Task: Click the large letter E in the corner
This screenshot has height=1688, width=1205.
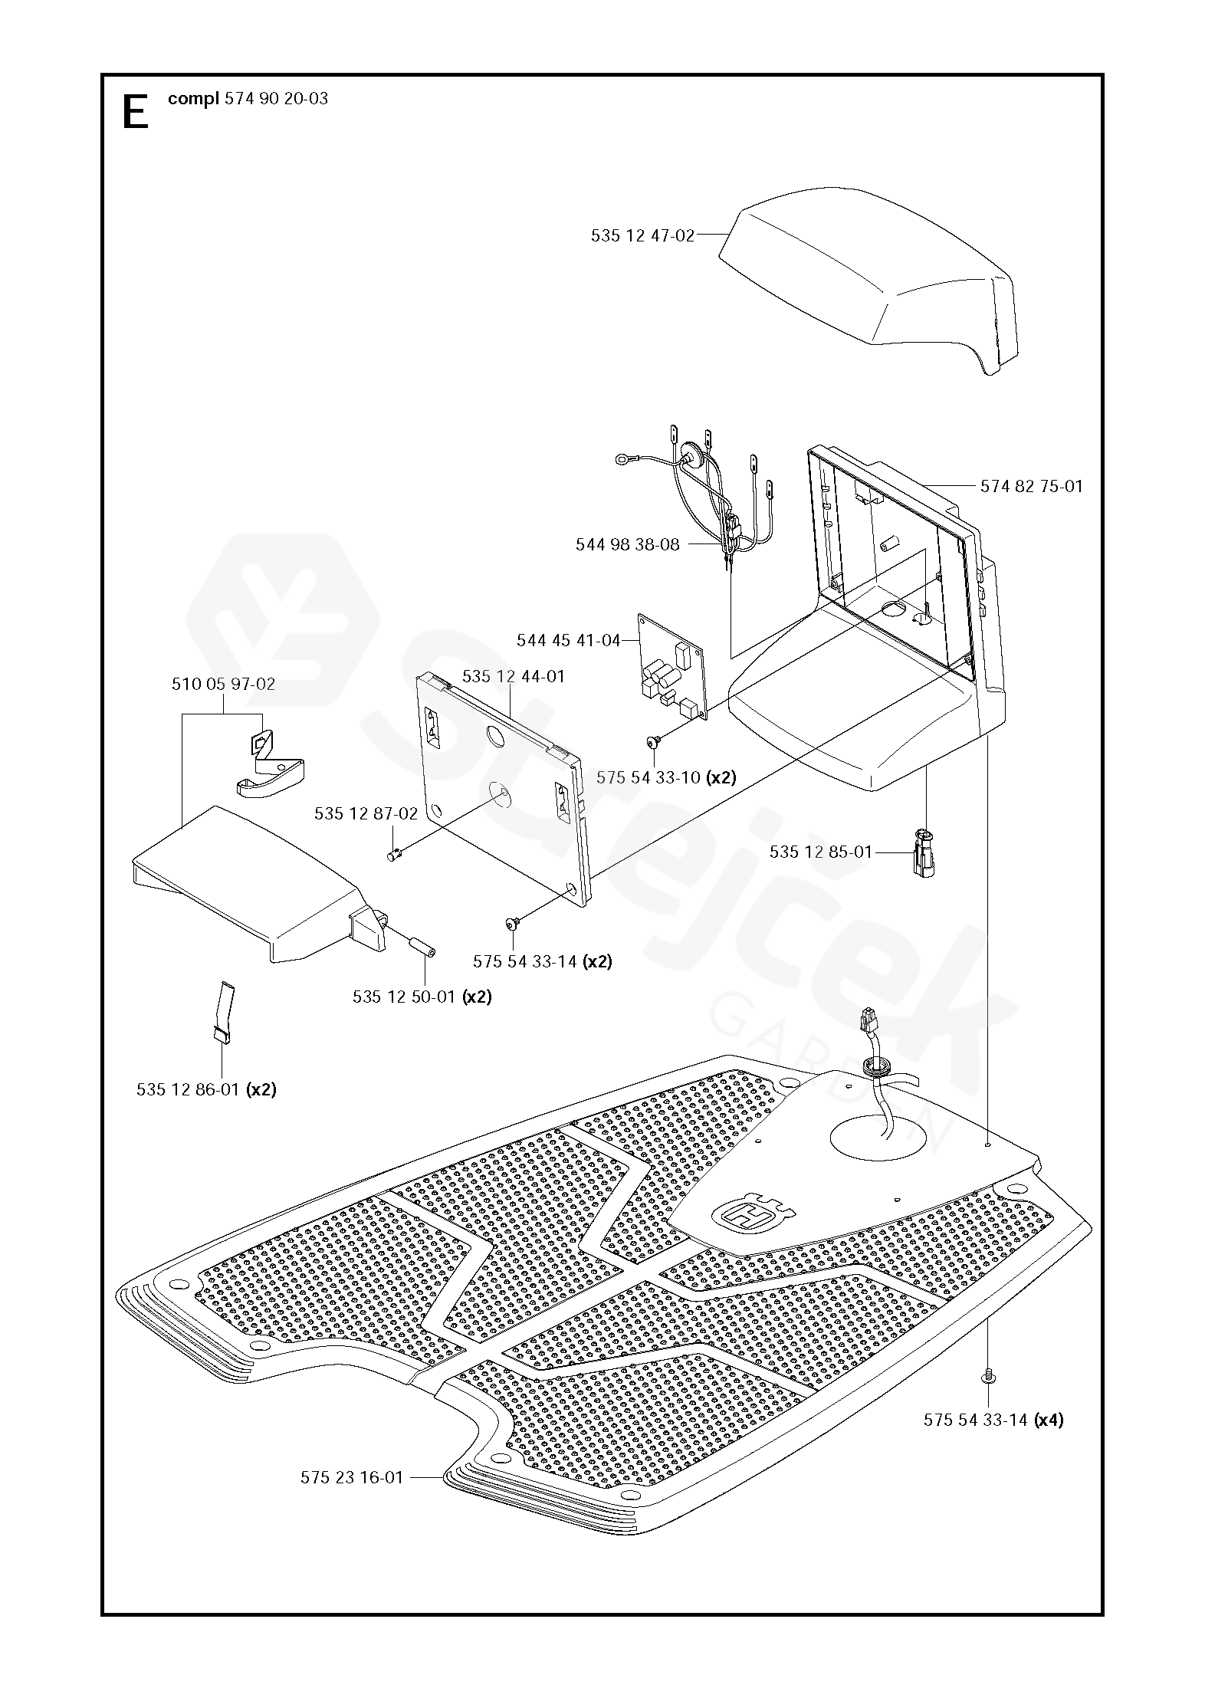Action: [x=136, y=114]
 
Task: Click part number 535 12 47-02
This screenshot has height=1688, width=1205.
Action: [x=642, y=236]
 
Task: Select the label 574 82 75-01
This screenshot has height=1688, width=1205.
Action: [x=1031, y=486]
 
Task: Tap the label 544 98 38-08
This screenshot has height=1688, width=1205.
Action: [x=627, y=545]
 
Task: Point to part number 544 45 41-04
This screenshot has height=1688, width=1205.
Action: [x=568, y=640]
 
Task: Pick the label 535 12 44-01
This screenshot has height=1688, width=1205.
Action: [x=513, y=676]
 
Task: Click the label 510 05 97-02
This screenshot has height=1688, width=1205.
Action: [x=223, y=684]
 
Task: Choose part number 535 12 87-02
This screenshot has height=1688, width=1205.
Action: [x=366, y=813]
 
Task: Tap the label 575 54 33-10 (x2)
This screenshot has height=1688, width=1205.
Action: [x=665, y=777]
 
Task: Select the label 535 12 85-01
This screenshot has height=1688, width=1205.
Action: [x=821, y=852]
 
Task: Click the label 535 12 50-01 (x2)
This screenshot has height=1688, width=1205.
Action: [x=422, y=997]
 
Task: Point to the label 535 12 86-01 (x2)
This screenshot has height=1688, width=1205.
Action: [x=206, y=1089]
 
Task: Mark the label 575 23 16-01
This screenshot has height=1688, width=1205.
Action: [x=351, y=1477]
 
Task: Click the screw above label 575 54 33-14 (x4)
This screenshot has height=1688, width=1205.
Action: [x=988, y=1376]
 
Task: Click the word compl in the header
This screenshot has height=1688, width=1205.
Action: [x=193, y=99]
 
